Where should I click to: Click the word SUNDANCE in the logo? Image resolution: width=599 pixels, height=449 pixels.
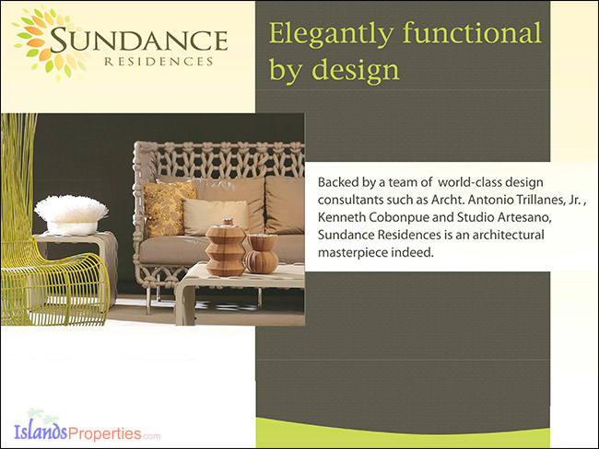pyautogui.click(x=138, y=40)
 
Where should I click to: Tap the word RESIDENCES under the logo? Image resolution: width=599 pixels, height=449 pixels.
pyautogui.click(x=159, y=62)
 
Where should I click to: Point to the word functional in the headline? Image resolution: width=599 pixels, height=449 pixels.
pyautogui.click(x=472, y=32)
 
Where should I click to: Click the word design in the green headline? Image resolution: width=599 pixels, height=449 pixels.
pyautogui.click(x=356, y=69)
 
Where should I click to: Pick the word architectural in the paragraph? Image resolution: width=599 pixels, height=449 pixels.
pyautogui.click(x=509, y=235)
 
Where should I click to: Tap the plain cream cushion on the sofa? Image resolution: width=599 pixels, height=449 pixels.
pyautogui.click(x=216, y=217)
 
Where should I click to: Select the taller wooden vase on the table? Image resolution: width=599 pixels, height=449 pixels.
pyautogui.click(x=226, y=248)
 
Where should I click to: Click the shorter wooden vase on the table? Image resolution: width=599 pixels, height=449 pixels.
pyautogui.click(x=262, y=254)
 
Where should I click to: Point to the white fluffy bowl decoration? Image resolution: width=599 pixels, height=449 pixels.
pyautogui.click(x=71, y=214)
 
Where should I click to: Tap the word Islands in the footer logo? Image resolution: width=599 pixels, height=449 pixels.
pyautogui.click(x=41, y=432)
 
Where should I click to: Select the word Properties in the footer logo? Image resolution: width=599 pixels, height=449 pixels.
pyautogui.click(x=105, y=433)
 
